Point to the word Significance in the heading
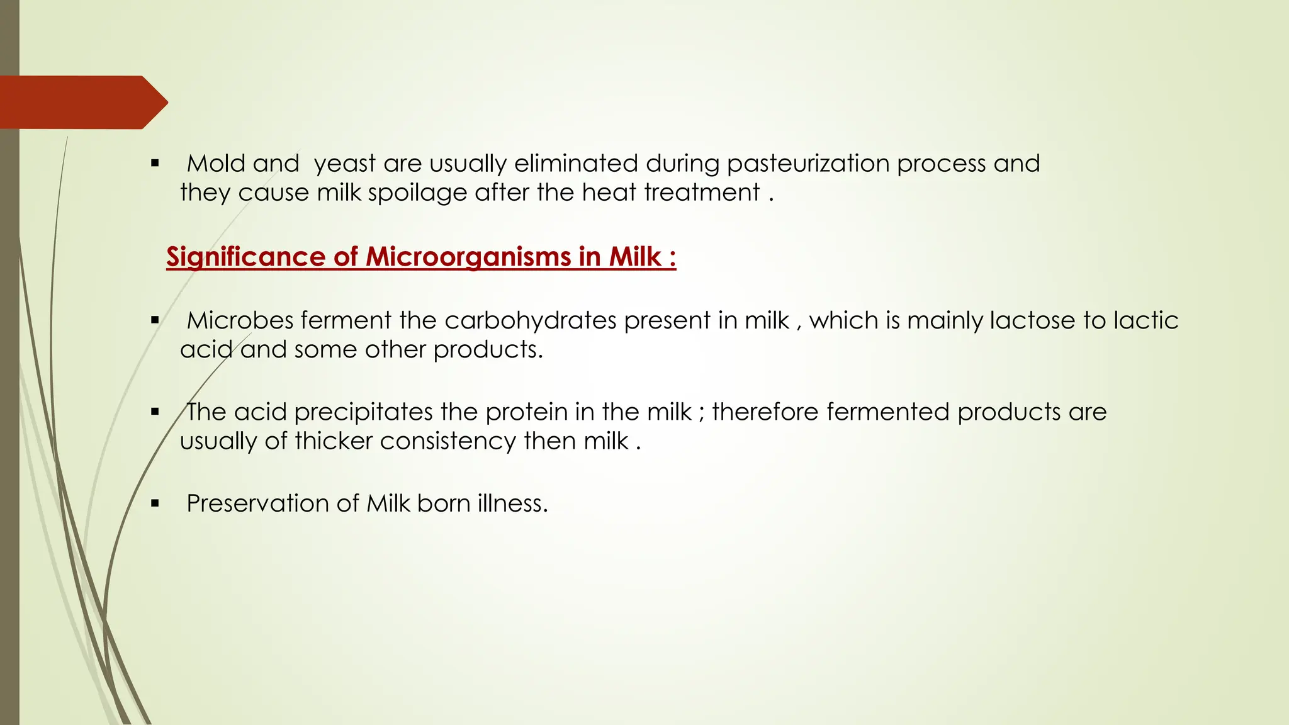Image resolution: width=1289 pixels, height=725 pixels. [x=245, y=257]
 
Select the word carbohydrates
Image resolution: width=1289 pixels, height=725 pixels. [x=530, y=320]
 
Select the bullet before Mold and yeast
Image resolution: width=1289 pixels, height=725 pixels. [x=155, y=164]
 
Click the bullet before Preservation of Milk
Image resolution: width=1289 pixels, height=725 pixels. [x=155, y=503]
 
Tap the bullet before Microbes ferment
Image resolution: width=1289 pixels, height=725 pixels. [x=155, y=320]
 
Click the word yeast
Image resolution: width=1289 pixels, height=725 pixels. [x=345, y=164]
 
